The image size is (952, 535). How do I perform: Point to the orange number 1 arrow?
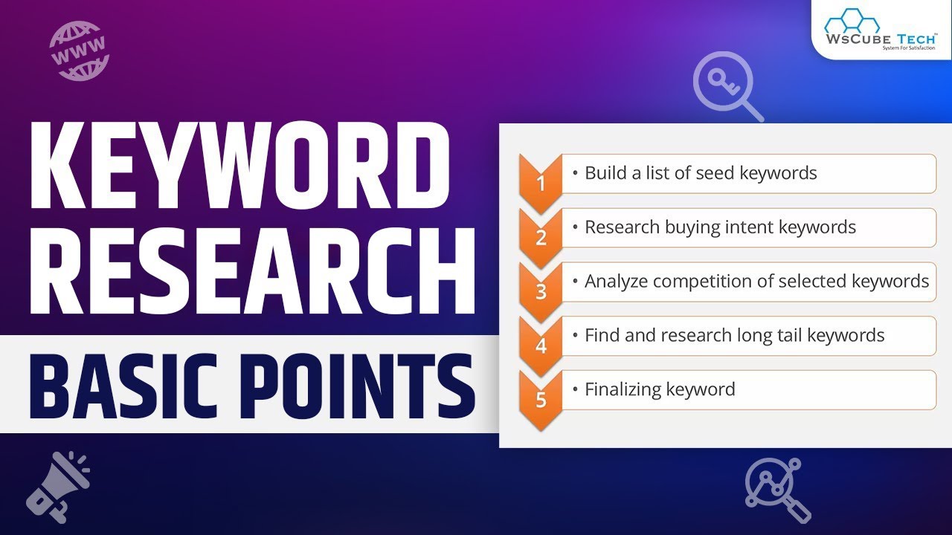pos(541,181)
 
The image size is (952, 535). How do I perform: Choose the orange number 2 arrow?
pos(541,235)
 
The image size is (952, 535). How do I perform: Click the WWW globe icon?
pos(79,51)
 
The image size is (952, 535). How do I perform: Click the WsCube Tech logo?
pos(881,29)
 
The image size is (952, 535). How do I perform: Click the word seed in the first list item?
pos(715,173)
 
